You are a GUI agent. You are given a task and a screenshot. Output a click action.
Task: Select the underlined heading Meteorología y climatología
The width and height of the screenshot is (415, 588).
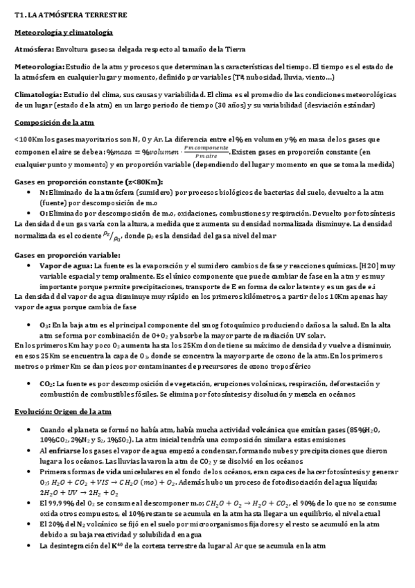[x=64, y=33]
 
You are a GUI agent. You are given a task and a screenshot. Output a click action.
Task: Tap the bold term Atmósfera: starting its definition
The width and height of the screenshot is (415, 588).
[x=34, y=50]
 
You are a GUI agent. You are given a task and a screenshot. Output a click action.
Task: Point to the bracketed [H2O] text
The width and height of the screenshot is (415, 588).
[x=369, y=266]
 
